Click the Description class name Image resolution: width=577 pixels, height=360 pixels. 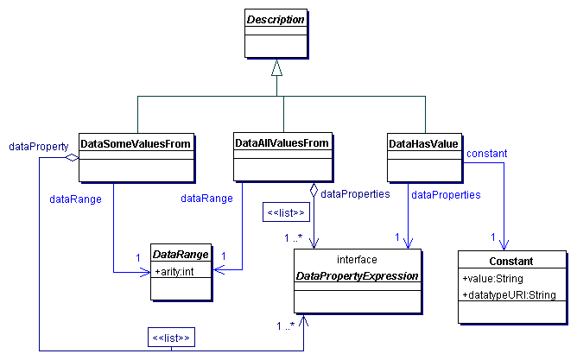[x=277, y=19]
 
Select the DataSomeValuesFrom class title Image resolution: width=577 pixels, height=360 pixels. [x=136, y=142]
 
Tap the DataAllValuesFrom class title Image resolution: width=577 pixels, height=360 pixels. [x=282, y=142]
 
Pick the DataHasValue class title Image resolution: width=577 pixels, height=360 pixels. [x=424, y=142]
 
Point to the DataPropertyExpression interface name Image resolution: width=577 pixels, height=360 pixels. [x=358, y=275]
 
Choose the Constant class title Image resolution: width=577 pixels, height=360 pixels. [x=510, y=261]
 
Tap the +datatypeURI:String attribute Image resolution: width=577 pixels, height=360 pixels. [x=509, y=295]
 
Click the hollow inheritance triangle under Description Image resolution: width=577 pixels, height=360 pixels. [x=276, y=66]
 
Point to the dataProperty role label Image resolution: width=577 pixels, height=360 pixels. [x=38, y=147]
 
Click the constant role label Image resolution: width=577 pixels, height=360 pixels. [x=486, y=153]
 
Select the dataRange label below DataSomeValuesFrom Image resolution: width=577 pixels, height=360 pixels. [x=75, y=199]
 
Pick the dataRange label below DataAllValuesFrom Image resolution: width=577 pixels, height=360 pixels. [x=206, y=199]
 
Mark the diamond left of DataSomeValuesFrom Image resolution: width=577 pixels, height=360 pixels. [x=73, y=158]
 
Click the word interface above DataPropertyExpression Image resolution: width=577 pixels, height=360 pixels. [x=357, y=259]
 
